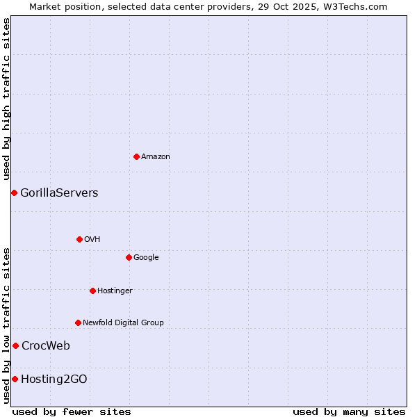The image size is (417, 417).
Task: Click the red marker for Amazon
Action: click(136, 156)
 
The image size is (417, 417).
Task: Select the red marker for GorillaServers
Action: click(14, 193)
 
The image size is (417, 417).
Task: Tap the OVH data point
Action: click(79, 239)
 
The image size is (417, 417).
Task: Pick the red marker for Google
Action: click(129, 257)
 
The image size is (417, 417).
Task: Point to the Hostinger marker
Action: click(92, 291)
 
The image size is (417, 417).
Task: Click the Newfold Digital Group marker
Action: click(78, 322)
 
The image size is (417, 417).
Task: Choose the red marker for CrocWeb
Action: click(15, 345)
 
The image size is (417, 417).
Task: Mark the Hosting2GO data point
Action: click(15, 379)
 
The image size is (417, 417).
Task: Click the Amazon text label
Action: click(156, 156)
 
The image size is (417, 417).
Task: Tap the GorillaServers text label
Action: click(59, 193)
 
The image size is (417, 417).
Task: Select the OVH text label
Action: click(92, 239)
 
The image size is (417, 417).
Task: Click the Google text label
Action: click(146, 257)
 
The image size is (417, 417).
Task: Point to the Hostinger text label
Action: click(115, 291)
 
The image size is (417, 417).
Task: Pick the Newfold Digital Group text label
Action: click(123, 322)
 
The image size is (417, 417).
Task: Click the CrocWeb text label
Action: click(46, 345)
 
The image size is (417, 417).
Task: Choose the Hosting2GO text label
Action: click(54, 379)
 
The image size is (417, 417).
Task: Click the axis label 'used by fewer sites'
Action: click(72, 411)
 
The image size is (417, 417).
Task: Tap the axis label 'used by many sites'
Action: click(349, 411)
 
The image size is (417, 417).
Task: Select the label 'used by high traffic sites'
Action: click(7, 99)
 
